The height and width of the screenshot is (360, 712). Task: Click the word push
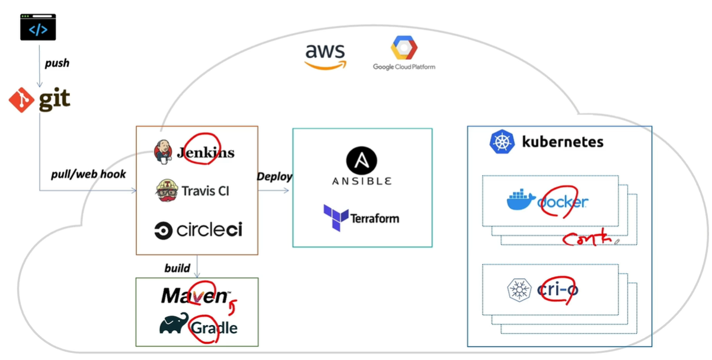point(57,63)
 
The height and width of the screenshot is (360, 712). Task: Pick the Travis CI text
point(205,191)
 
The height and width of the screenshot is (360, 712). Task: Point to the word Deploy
point(274,177)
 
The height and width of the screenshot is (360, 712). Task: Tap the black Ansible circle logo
point(362,160)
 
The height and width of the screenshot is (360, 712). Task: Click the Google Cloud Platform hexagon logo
point(404,48)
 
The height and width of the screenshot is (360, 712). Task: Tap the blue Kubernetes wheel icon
point(501,142)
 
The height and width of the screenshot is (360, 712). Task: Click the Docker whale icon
point(521,201)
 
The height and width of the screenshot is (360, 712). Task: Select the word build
point(177,268)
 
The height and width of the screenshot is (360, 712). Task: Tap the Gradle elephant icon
point(174,324)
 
